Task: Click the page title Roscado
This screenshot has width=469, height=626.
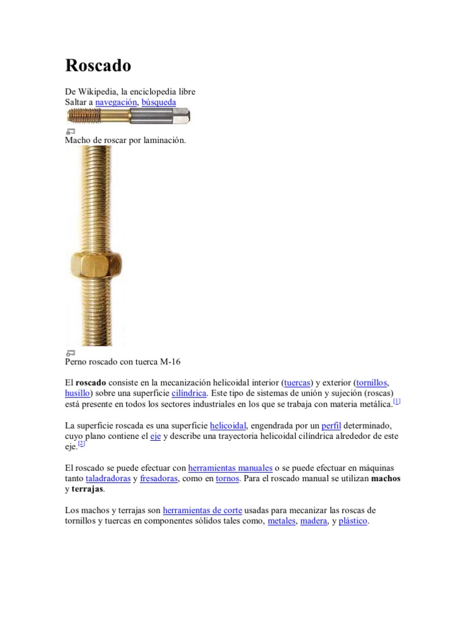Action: tap(98, 65)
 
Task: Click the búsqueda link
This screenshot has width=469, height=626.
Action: tap(158, 102)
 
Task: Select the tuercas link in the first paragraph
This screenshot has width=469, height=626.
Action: tap(297, 381)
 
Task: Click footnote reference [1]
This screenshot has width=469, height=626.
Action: tap(396, 401)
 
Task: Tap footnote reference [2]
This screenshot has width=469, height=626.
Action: tap(82, 444)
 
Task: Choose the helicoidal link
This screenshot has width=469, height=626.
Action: tap(228, 425)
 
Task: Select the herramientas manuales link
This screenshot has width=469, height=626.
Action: tap(230, 468)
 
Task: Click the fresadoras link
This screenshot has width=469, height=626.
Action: tap(159, 479)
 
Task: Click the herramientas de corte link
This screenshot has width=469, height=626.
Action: tap(203, 510)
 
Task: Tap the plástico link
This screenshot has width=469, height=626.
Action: tap(354, 521)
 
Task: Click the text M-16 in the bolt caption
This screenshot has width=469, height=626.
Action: tap(170, 361)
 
